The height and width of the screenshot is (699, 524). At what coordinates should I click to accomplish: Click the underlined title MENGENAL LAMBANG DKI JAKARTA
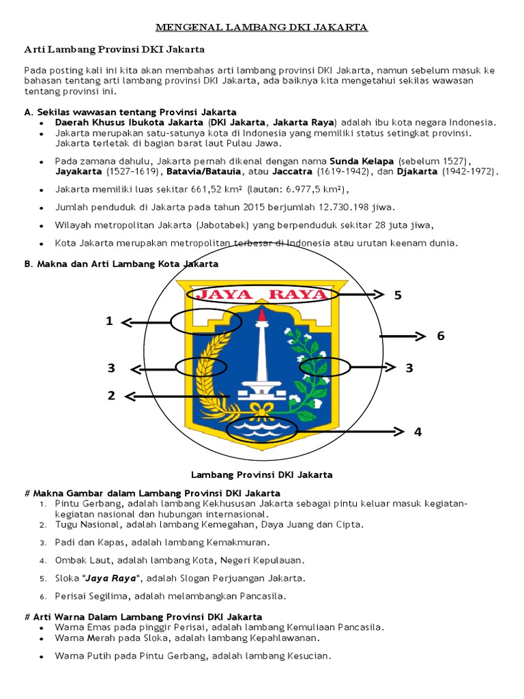tap(262, 27)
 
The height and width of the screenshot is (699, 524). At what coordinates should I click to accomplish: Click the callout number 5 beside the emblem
tap(398, 295)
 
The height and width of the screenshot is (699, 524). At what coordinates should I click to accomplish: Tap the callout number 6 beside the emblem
tap(441, 336)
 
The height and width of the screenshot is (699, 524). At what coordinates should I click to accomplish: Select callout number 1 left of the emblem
tap(109, 321)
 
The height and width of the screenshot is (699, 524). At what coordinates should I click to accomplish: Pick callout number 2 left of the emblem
tap(111, 395)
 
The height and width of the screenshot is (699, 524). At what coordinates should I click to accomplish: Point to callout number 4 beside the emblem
tap(418, 431)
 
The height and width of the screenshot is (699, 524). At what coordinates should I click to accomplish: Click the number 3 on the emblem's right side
tap(409, 368)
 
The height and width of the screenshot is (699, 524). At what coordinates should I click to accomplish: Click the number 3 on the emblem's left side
tap(111, 368)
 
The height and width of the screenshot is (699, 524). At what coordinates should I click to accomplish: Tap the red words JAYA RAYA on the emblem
tap(261, 295)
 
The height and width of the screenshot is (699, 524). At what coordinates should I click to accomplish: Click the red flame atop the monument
tap(261, 316)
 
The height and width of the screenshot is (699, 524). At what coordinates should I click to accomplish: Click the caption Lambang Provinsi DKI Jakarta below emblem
tap(261, 474)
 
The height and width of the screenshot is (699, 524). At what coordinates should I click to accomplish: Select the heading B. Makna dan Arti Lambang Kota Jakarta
tap(121, 263)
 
